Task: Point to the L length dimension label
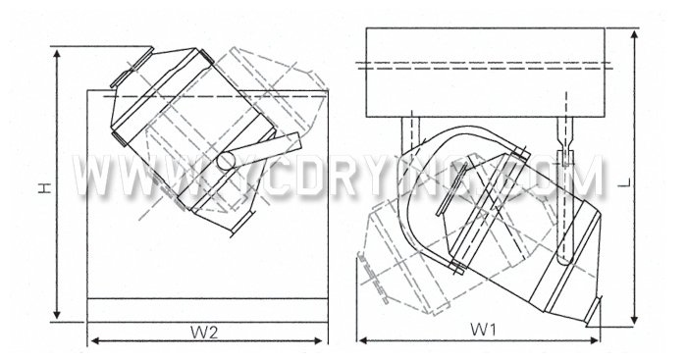651,182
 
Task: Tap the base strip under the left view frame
206,309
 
